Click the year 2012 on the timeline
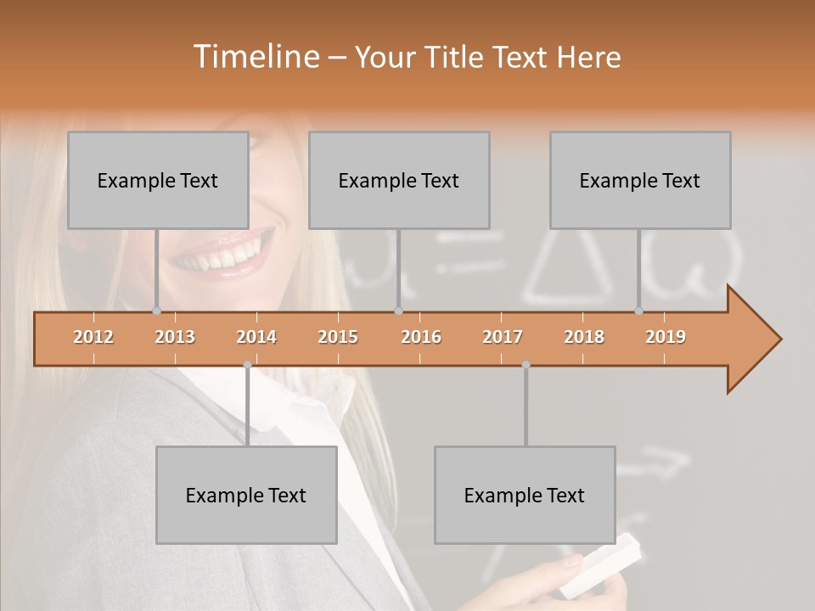tap(93, 337)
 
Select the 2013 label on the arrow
tap(175, 337)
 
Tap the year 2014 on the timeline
tap(256, 337)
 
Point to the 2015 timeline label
tap(338, 337)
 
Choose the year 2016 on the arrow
tap(421, 337)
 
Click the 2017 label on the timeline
tap(503, 337)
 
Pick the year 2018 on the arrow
tap(584, 337)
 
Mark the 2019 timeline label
tap(666, 337)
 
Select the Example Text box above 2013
tap(158, 180)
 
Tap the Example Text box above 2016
tap(399, 180)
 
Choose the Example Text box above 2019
tap(640, 180)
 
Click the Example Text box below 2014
tap(246, 495)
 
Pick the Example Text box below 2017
tap(525, 495)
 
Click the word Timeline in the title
tap(255, 57)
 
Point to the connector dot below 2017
tap(526, 365)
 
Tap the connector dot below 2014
tap(247, 365)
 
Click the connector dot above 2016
tap(398, 311)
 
